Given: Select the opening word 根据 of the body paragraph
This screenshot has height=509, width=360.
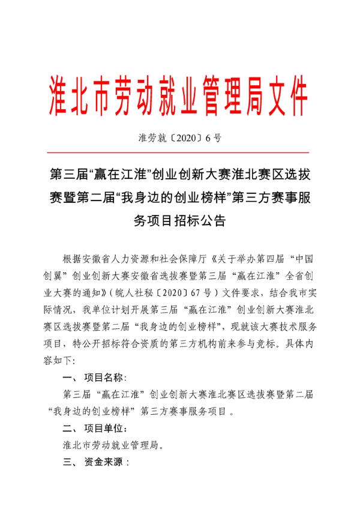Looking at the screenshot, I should tap(71, 260).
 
